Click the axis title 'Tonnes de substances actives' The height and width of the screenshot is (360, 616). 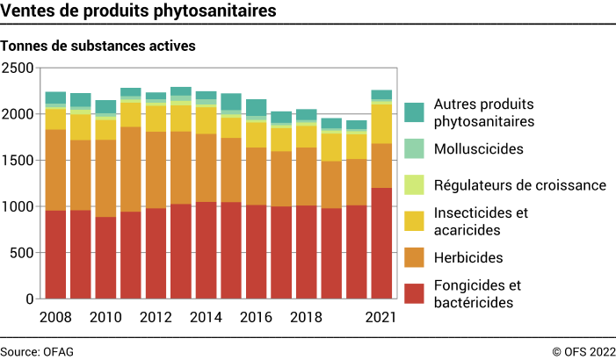pyautogui.click(x=98, y=44)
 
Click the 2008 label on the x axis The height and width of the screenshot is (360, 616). pyautogui.click(x=55, y=317)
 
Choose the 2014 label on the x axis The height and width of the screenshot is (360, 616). pyautogui.click(x=206, y=317)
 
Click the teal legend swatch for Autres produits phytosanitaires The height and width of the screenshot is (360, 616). pyautogui.click(x=415, y=112)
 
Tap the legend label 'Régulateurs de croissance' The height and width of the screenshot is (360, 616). pyautogui.click(x=520, y=185)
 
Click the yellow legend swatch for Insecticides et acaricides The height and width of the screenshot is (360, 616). pyautogui.click(x=415, y=221)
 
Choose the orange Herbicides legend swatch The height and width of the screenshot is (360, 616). pyautogui.click(x=415, y=258)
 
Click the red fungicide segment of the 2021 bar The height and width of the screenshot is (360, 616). pyautogui.click(x=381, y=243)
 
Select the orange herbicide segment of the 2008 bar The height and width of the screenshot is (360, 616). pyautogui.click(x=55, y=169)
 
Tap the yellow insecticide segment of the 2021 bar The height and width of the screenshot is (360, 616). pyautogui.click(x=381, y=124)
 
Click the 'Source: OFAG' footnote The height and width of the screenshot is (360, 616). pyautogui.click(x=37, y=351)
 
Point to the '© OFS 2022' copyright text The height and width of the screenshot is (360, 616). pyautogui.click(x=583, y=351)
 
